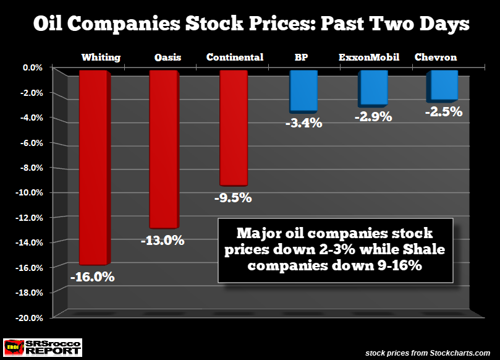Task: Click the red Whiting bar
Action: pyautogui.click(x=94, y=167)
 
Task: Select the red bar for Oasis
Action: pyautogui.click(x=164, y=148)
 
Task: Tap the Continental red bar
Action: pyautogui.click(x=234, y=127)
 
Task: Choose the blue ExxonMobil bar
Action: pyautogui.click(x=373, y=87)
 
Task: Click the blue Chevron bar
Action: pyautogui.click(x=443, y=85)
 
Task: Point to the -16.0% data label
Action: pyautogui.click(x=93, y=277)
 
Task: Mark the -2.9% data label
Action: pyautogui.click(x=373, y=116)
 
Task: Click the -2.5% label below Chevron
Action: pyautogui.click(x=443, y=112)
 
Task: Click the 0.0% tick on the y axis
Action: pyautogui.click(x=30, y=67)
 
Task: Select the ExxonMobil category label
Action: pyautogui.click(x=369, y=57)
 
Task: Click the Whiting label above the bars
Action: pyautogui.click(x=101, y=58)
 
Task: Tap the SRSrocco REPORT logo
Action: pyautogui.click(x=42, y=346)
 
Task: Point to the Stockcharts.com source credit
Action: pyautogui.click(x=428, y=352)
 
